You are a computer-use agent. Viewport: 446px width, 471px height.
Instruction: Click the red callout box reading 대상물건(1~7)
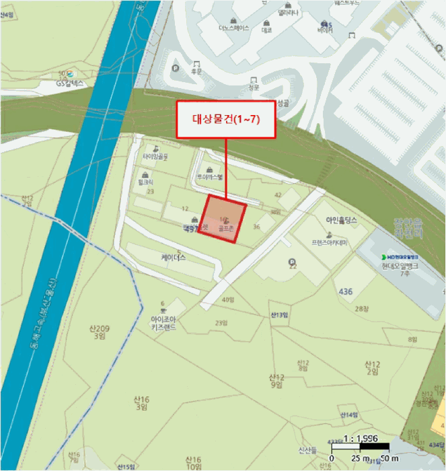(226, 120)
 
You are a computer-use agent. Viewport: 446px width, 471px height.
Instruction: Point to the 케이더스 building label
(173, 257)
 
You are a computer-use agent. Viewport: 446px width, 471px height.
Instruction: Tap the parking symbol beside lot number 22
(291, 261)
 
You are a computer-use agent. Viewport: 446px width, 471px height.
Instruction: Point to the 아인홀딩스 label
(341, 219)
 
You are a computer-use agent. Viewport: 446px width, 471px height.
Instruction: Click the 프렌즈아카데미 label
(330, 242)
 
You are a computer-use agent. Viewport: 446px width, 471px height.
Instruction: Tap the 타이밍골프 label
(155, 156)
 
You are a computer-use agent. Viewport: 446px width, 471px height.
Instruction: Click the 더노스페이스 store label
(233, 28)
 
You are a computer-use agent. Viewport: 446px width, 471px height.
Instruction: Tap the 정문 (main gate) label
(253, 87)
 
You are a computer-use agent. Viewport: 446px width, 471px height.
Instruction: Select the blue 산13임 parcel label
(279, 315)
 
